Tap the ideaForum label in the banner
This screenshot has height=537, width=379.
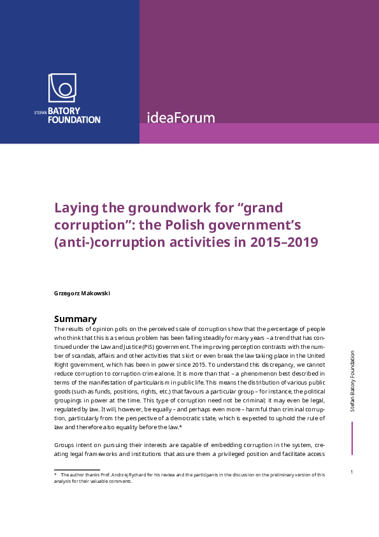[x=180, y=118]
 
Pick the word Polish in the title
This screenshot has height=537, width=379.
[x=188, y=226]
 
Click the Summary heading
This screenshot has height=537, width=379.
[x=75, y=319]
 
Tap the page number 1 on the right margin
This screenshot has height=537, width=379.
[x=352, y=472]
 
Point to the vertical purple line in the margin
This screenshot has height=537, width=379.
[x=352, y=439]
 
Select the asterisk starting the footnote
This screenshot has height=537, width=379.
[x=55, y=474]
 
